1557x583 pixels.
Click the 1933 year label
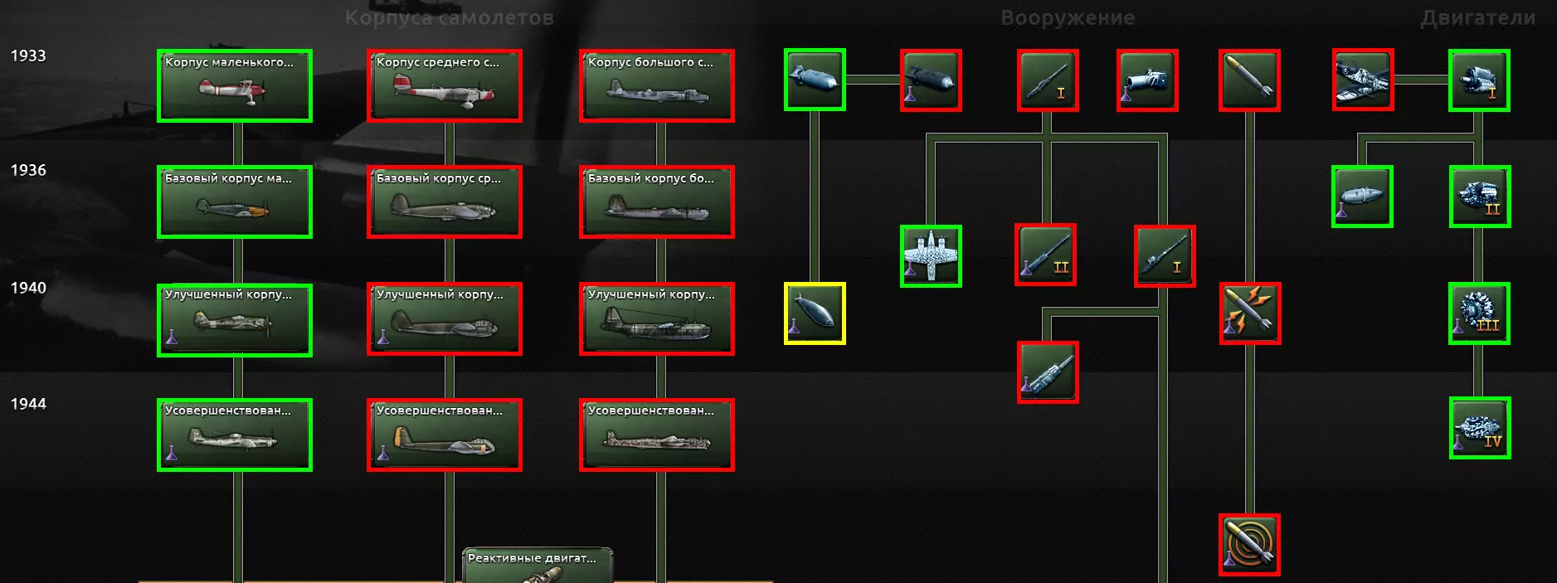[28, 56]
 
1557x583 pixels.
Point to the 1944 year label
[28, 404]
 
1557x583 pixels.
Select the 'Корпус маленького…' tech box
[235, 85]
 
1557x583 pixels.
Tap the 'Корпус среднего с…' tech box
[445, 85]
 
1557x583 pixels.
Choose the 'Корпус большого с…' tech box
[656, 85]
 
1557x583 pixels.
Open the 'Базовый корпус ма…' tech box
[235, 202]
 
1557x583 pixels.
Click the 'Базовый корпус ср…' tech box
[445, 202]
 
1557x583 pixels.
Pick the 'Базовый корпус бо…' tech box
[656, 202]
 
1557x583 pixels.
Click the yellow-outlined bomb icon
[815, 313]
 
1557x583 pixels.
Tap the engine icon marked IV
[1480, 428]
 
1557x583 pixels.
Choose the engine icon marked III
[1480, 313]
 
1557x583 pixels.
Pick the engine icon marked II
[1480, 197]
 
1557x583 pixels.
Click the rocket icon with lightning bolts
[1250, 313]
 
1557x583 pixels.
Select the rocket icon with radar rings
[1249, 545]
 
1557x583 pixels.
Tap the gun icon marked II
[1046, 255]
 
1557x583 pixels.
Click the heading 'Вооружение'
[1068, 17]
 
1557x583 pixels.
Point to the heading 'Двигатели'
[1477, 17]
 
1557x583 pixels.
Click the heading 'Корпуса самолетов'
[449, 17]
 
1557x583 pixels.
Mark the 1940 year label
[28, 288]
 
